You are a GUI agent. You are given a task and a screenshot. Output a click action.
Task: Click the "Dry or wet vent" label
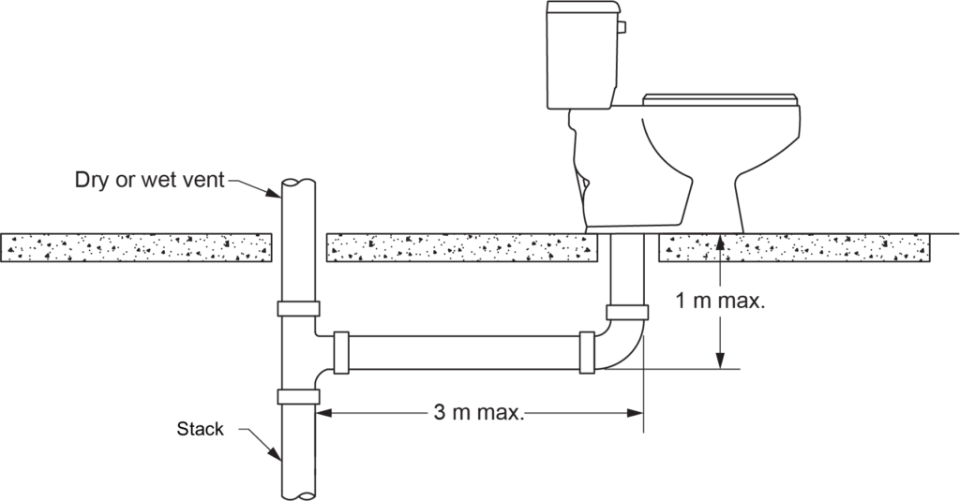click(x=150, y=181)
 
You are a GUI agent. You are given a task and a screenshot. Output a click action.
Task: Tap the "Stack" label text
click(x=201, y=430)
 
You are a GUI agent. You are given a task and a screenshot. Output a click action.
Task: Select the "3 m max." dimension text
click(x=477, y=412)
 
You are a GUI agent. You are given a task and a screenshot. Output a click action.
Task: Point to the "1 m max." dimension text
click(x=720, y=302)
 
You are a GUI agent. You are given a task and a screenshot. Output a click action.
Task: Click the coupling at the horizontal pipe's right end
click(x=588, y=353)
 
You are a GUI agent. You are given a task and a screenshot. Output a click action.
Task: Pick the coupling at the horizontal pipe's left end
click(x=341, y=353)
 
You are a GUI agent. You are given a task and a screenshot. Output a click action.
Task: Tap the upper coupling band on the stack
click(x=298, y=309)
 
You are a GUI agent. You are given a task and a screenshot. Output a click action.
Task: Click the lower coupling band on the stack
click(x=298, y=396)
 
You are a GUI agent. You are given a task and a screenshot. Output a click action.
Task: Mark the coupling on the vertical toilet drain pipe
click(x=627, y=312)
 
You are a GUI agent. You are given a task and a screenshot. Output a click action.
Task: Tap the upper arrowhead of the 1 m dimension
click(x=719, y=241)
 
